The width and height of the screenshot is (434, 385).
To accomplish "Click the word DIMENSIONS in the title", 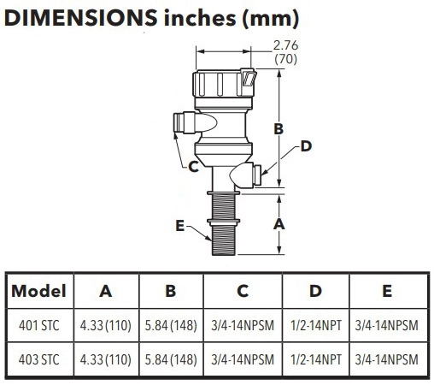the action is (80, 18).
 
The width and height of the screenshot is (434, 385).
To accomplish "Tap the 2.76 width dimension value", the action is (285, 45).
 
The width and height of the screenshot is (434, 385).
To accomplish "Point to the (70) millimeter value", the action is (285, 59).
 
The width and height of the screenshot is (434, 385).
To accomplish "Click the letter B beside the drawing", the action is (279, 128).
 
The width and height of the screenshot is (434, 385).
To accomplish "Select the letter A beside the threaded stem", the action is (279, 224).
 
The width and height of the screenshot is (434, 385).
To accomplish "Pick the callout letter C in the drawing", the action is (193, 167).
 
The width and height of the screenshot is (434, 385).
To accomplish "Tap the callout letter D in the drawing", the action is (306, 146).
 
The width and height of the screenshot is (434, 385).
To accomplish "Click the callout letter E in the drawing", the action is (180, 226).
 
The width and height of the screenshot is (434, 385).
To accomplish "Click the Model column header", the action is (38, 291).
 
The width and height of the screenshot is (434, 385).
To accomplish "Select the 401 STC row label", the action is (39, 325).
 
